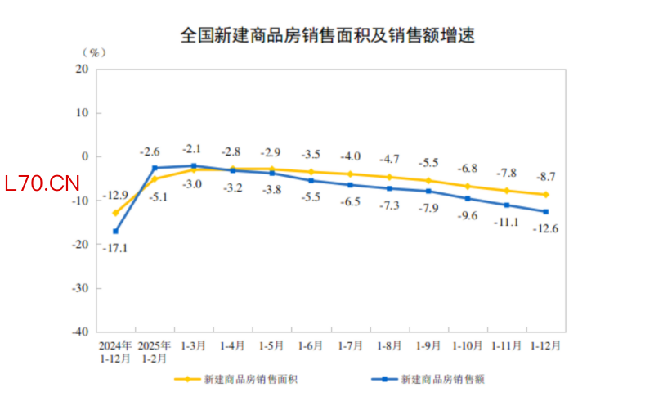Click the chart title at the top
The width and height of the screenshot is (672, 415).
(328, 36)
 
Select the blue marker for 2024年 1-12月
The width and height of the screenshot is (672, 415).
(116, 232)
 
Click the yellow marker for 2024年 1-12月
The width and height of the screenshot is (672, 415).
(116, 213)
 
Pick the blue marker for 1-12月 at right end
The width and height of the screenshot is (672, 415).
(546, 211)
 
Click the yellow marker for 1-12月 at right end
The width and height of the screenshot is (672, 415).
(546, 195)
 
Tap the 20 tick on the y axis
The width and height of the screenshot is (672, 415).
(83, 69)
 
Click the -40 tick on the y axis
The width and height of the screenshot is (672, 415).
(80, 332)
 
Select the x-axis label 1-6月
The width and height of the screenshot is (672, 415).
(311, 345)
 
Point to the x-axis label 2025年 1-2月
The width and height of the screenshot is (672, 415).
(155, 351)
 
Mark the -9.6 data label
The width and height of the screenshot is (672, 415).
(468, 216)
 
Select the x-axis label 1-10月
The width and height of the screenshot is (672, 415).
(468, 345)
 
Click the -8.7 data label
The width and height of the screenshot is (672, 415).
(546, 176)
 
